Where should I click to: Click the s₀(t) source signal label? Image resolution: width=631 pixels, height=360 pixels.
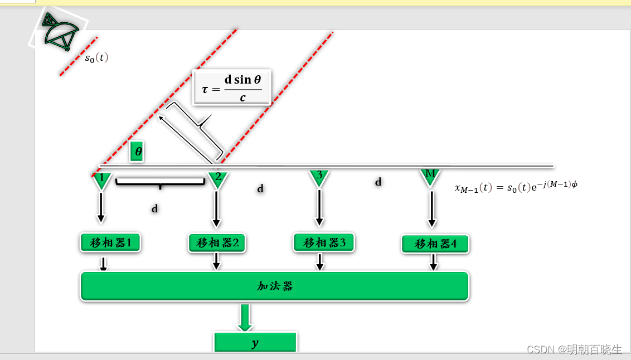pyautogui.click(x=96, y=57)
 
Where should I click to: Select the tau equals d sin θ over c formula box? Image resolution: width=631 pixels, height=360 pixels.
pyautogui.click(x=231, y=87)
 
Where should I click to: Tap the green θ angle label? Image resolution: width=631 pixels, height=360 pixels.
pyautogui.click(x=137, y=151)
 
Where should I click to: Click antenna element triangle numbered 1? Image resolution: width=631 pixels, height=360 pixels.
pyautogui.click(x=101, y=180)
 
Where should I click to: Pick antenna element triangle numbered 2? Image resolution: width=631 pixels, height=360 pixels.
pyautogui.click(x=217, y=179)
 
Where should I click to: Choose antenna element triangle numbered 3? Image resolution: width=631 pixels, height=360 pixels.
pyautogui.click(x=319, y=177)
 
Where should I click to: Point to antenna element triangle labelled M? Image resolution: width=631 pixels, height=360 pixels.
pyautogui.click(x=430, y=177)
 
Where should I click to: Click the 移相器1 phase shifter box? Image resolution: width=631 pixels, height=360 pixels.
pyautogui.click(x=110, y=242)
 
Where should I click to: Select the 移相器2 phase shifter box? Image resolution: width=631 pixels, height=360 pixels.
pyautogui.click(x=217, y=242)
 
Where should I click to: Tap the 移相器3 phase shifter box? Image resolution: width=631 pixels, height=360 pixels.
pyautogui.click(x=324, y=242)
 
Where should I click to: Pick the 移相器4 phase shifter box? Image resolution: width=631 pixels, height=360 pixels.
pyautogui.click(x=435, y=244)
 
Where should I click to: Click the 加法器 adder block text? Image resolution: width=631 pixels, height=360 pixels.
pyautogui.click(x=275, y=286)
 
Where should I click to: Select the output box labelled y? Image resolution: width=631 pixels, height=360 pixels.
pyautogui.click(x=255, y=343)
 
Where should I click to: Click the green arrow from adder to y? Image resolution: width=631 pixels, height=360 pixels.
pyautogui.click(x=245, y=317)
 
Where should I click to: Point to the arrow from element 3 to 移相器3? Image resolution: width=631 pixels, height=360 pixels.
pyautogui.click(x=319, y=207)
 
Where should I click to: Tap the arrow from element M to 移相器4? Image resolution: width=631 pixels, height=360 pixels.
pyautogui.click(x=431, y=208)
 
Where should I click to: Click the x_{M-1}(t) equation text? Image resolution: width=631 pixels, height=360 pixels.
pyautogui.click(x=516, y=187)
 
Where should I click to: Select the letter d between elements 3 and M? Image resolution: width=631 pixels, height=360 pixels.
pyautogui.click(x=378, y=182)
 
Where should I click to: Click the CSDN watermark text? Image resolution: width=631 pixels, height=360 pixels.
pyautogui.click(x=574, y=349)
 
